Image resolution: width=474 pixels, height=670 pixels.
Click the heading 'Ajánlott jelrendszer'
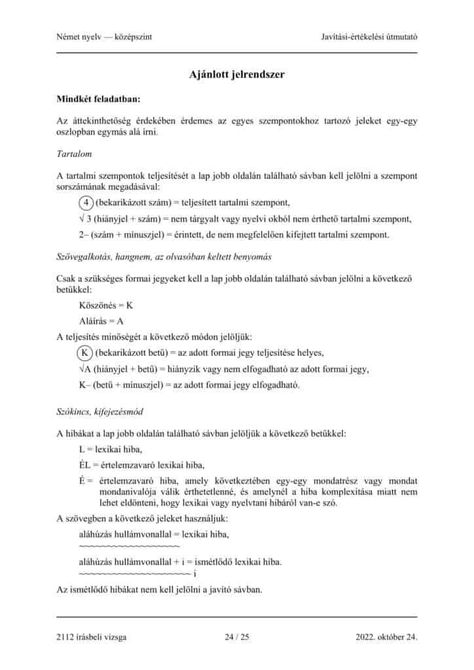(x=237, y=75)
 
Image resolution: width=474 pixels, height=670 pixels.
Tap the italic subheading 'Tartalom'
(x=75, y=154)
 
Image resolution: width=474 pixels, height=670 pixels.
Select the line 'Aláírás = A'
(x=101, y=321)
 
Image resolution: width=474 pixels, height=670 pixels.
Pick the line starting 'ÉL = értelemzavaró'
(x=141, y=465)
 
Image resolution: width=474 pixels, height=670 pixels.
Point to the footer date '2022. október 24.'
(x=386, y=636)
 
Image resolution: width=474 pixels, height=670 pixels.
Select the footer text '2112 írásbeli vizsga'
(x=92, y=636)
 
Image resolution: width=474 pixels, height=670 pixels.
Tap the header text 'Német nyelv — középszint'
(x=105, y=37)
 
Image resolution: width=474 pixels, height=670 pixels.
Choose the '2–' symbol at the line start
(x=84, y=234)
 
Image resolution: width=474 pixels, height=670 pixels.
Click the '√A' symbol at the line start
(x=84, y=369)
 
